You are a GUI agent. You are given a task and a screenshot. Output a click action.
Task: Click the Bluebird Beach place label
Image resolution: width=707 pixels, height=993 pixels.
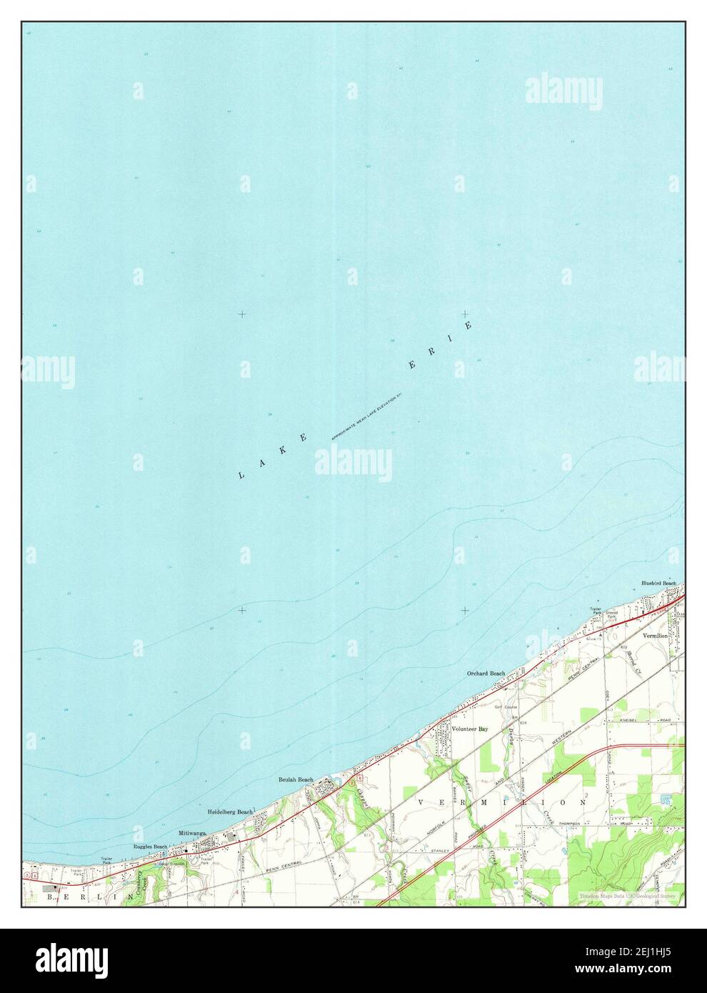(658, 584)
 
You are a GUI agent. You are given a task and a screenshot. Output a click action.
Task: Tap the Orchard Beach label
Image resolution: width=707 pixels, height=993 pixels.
(486, 674)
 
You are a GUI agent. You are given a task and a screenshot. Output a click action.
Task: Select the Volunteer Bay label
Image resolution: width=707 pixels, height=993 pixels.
(469, 729)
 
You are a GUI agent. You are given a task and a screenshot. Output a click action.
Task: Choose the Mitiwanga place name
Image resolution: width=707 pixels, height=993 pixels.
(192, 833)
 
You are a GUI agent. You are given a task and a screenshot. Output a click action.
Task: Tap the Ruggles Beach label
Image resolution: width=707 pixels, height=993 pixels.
(150, 847)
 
